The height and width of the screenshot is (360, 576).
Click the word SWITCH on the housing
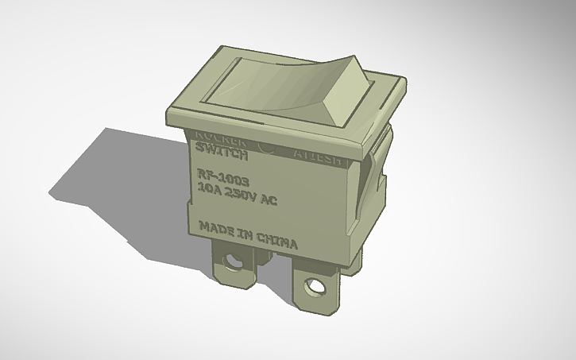pos(215,149)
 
